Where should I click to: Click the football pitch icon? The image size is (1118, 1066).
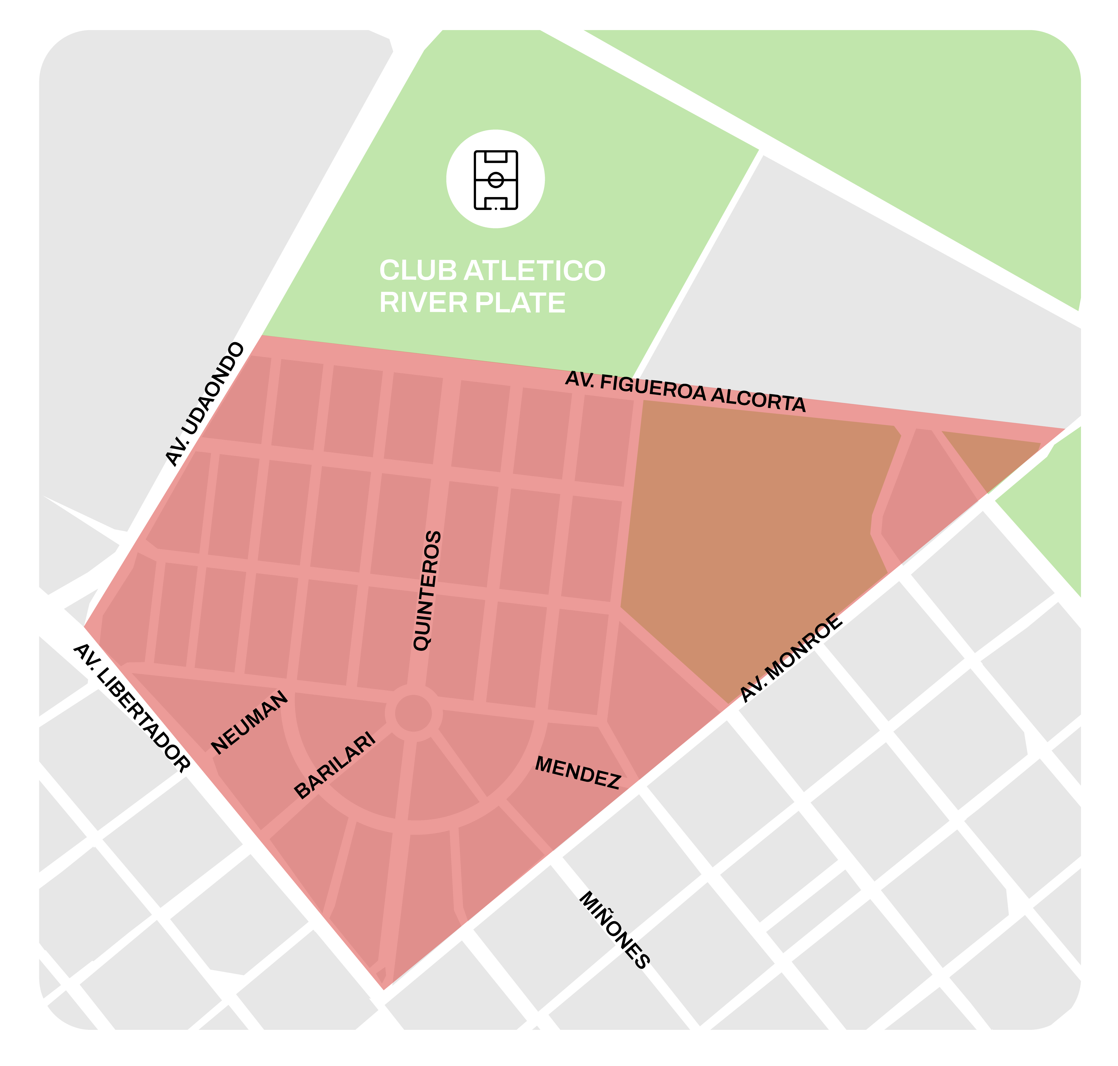pyautogui.click(x=495, y=180)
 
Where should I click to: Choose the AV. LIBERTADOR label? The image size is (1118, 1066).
pyautogui.click(x=131, y=707)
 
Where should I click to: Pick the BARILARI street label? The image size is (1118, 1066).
pyautogui.click(x=335, y=765)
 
